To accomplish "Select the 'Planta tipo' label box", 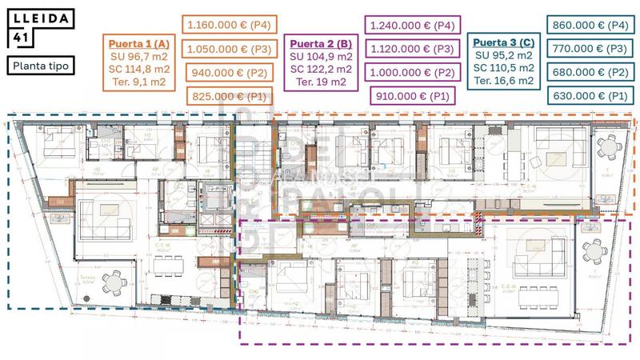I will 39,65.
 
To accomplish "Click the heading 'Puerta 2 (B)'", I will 320,43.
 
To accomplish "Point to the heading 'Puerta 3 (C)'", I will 504,42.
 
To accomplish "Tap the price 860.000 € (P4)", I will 591,26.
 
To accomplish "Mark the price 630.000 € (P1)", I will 591,96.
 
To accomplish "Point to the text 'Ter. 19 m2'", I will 320,82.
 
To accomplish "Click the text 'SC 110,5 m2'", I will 504,68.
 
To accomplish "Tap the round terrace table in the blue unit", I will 117,282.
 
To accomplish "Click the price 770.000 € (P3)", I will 591,49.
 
